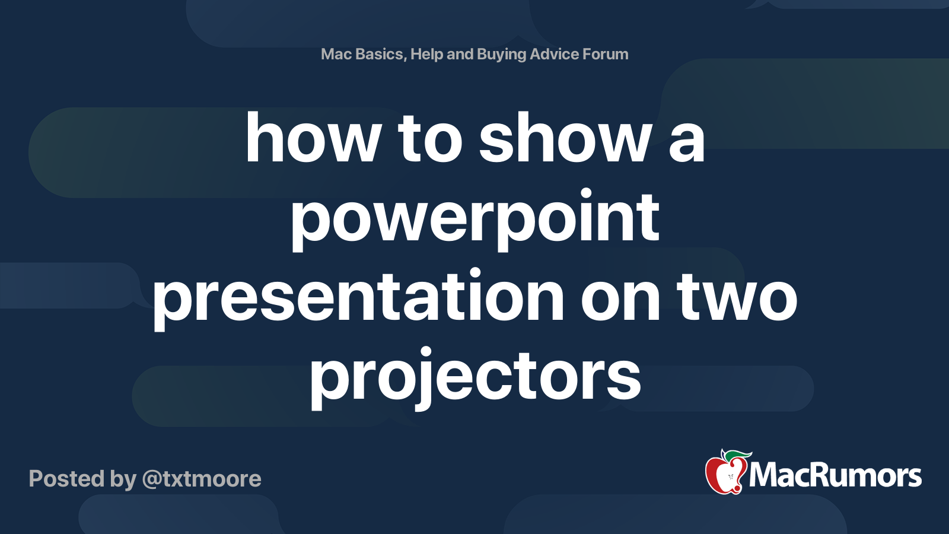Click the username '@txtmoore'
[202, 479]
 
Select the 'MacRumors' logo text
[835, 475]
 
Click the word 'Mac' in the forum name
[336, 54]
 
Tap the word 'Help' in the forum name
[426, 54]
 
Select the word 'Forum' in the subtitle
[606, 54]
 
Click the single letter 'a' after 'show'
[686, 140]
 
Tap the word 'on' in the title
[620, 297]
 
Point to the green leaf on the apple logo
[738, 456]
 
